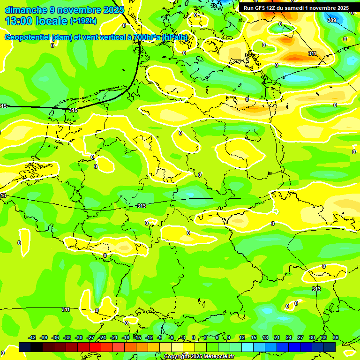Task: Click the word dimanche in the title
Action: tap(26, 10)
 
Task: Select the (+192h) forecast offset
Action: tap(83, 21)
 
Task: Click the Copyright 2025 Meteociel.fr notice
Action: tap(199, 356)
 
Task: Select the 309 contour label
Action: tap(331, 20)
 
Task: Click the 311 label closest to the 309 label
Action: tap(312, 53)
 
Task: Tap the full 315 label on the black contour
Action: tap(73, 110)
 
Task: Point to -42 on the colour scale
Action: tap(32, 337)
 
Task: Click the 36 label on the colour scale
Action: tap(336, 337)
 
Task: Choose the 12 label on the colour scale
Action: tap(242, 337)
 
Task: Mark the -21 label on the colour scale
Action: tap(114, 337)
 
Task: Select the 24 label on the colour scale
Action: tap(289, 337)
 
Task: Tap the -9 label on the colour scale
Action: tap(159, 337)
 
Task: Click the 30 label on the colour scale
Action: tap(312, 337)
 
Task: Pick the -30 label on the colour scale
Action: tap(79, 337)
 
